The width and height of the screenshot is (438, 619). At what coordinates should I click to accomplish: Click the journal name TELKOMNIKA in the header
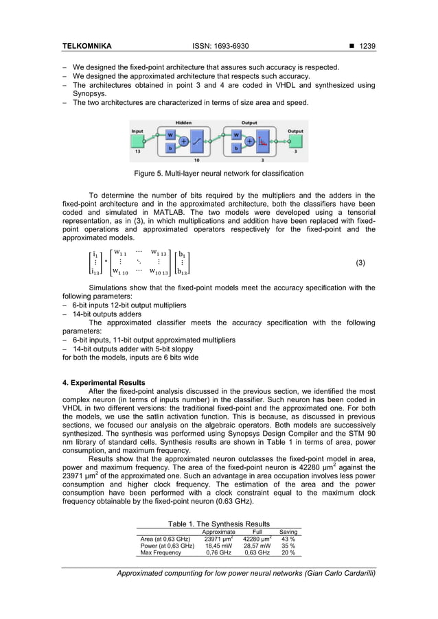87,46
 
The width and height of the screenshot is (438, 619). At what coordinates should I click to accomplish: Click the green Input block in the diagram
138,141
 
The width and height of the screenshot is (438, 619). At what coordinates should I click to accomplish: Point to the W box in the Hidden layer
170,135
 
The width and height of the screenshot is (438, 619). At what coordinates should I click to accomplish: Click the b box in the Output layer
237,148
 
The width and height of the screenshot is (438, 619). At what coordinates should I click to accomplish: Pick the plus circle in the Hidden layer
185,141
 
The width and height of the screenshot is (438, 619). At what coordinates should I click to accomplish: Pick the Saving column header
288,532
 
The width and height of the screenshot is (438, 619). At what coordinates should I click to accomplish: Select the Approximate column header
218,532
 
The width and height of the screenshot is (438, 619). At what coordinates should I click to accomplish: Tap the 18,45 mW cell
218,546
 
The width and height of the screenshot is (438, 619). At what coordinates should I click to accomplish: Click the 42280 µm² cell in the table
257,539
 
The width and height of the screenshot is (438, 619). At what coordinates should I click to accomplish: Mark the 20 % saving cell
288,552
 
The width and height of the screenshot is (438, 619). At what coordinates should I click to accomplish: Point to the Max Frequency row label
161,552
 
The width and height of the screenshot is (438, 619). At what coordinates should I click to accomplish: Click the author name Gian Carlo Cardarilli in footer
336,573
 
